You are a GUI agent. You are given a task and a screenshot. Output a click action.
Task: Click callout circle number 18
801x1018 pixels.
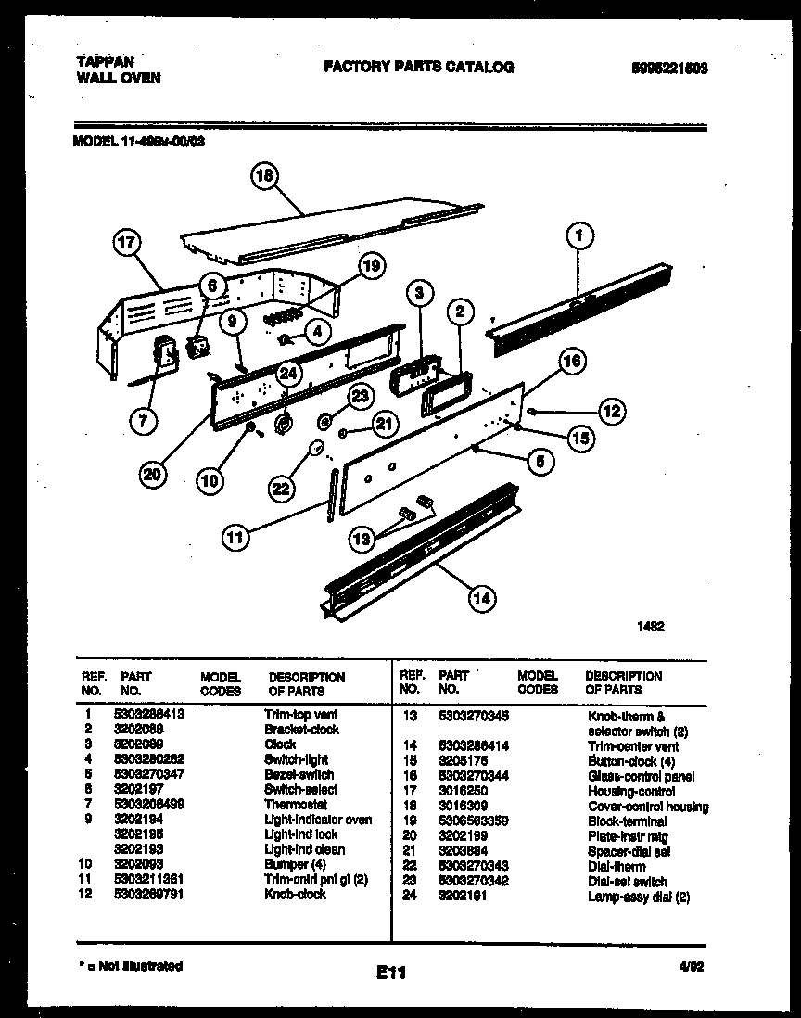265,177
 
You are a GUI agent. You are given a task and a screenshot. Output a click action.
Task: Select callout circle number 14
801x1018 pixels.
481,598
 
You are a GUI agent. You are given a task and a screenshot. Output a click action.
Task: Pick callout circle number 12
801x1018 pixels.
610,410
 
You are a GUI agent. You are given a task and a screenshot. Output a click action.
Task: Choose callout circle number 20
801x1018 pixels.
154,476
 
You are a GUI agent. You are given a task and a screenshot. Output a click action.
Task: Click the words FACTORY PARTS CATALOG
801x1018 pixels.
418,67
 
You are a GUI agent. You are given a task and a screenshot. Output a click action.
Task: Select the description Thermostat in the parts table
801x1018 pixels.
295,805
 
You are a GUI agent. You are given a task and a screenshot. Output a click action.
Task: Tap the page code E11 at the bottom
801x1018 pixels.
391,973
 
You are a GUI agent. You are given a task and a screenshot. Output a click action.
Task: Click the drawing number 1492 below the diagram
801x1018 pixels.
650,627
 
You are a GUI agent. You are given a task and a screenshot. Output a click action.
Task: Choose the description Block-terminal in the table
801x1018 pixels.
627,821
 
